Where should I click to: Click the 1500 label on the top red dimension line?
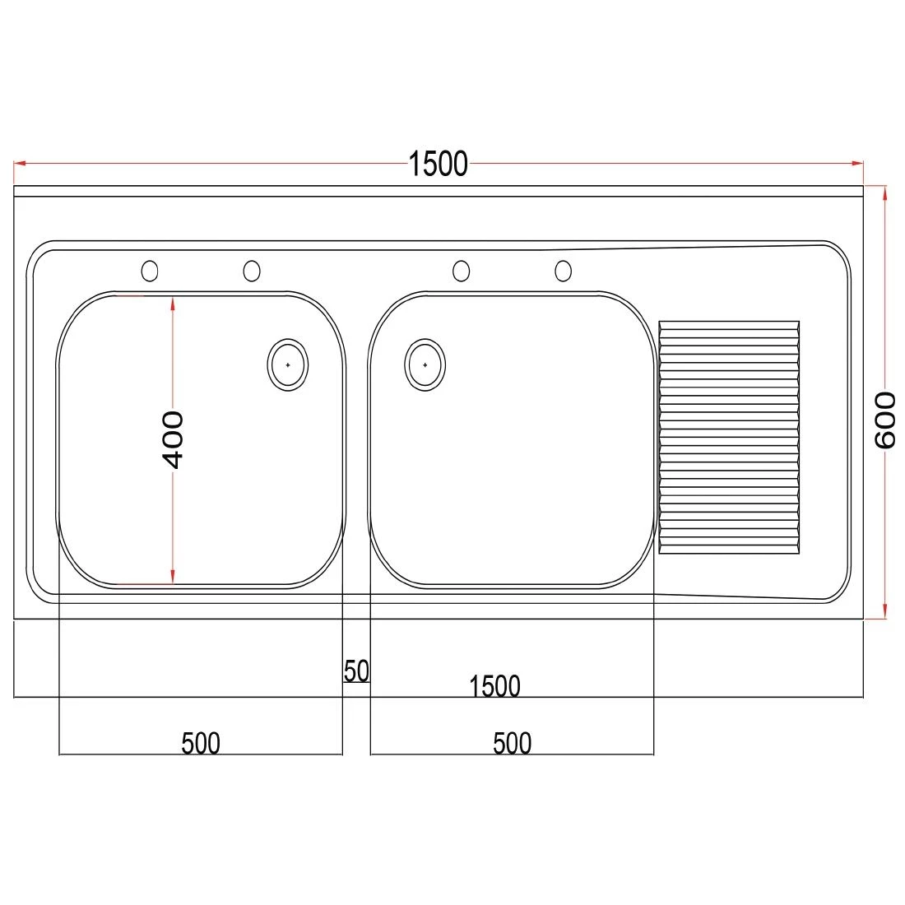pos(438,164)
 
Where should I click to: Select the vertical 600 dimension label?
pos(884,420)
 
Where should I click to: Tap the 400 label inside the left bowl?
pos(173,439)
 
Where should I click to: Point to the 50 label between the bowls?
pos(356,671)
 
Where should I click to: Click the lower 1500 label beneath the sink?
pos(494,685)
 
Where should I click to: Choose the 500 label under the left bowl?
pos(201,743)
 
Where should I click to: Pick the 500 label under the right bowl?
pos(512,743)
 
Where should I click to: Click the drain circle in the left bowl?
pos(288,364)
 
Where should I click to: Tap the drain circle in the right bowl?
pos(425,364)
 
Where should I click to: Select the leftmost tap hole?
pos(150,270)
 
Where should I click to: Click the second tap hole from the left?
pos(252,270)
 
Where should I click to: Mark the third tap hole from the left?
pos(462,270)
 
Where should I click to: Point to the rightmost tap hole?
pos(563,270)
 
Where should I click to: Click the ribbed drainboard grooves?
pos(729,436)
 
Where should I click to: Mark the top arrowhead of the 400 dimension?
pos(173,302)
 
